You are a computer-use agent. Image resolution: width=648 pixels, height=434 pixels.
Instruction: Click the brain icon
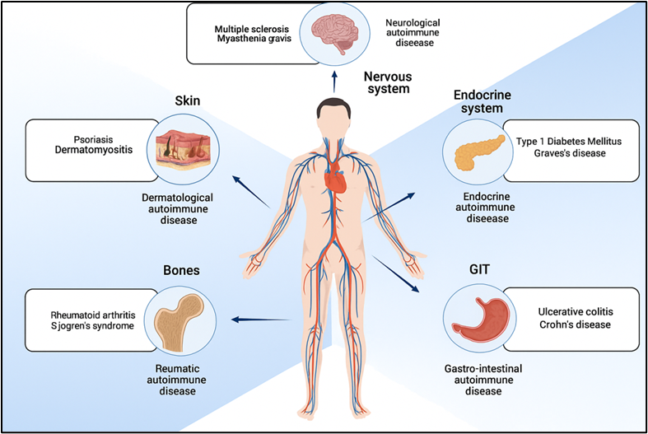(334, 34)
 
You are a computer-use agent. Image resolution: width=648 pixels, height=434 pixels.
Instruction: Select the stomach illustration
(478, 318)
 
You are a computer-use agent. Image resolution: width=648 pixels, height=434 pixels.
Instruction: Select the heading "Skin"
(186, 101)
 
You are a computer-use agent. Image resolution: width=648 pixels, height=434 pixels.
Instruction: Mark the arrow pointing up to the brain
(334, 80)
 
